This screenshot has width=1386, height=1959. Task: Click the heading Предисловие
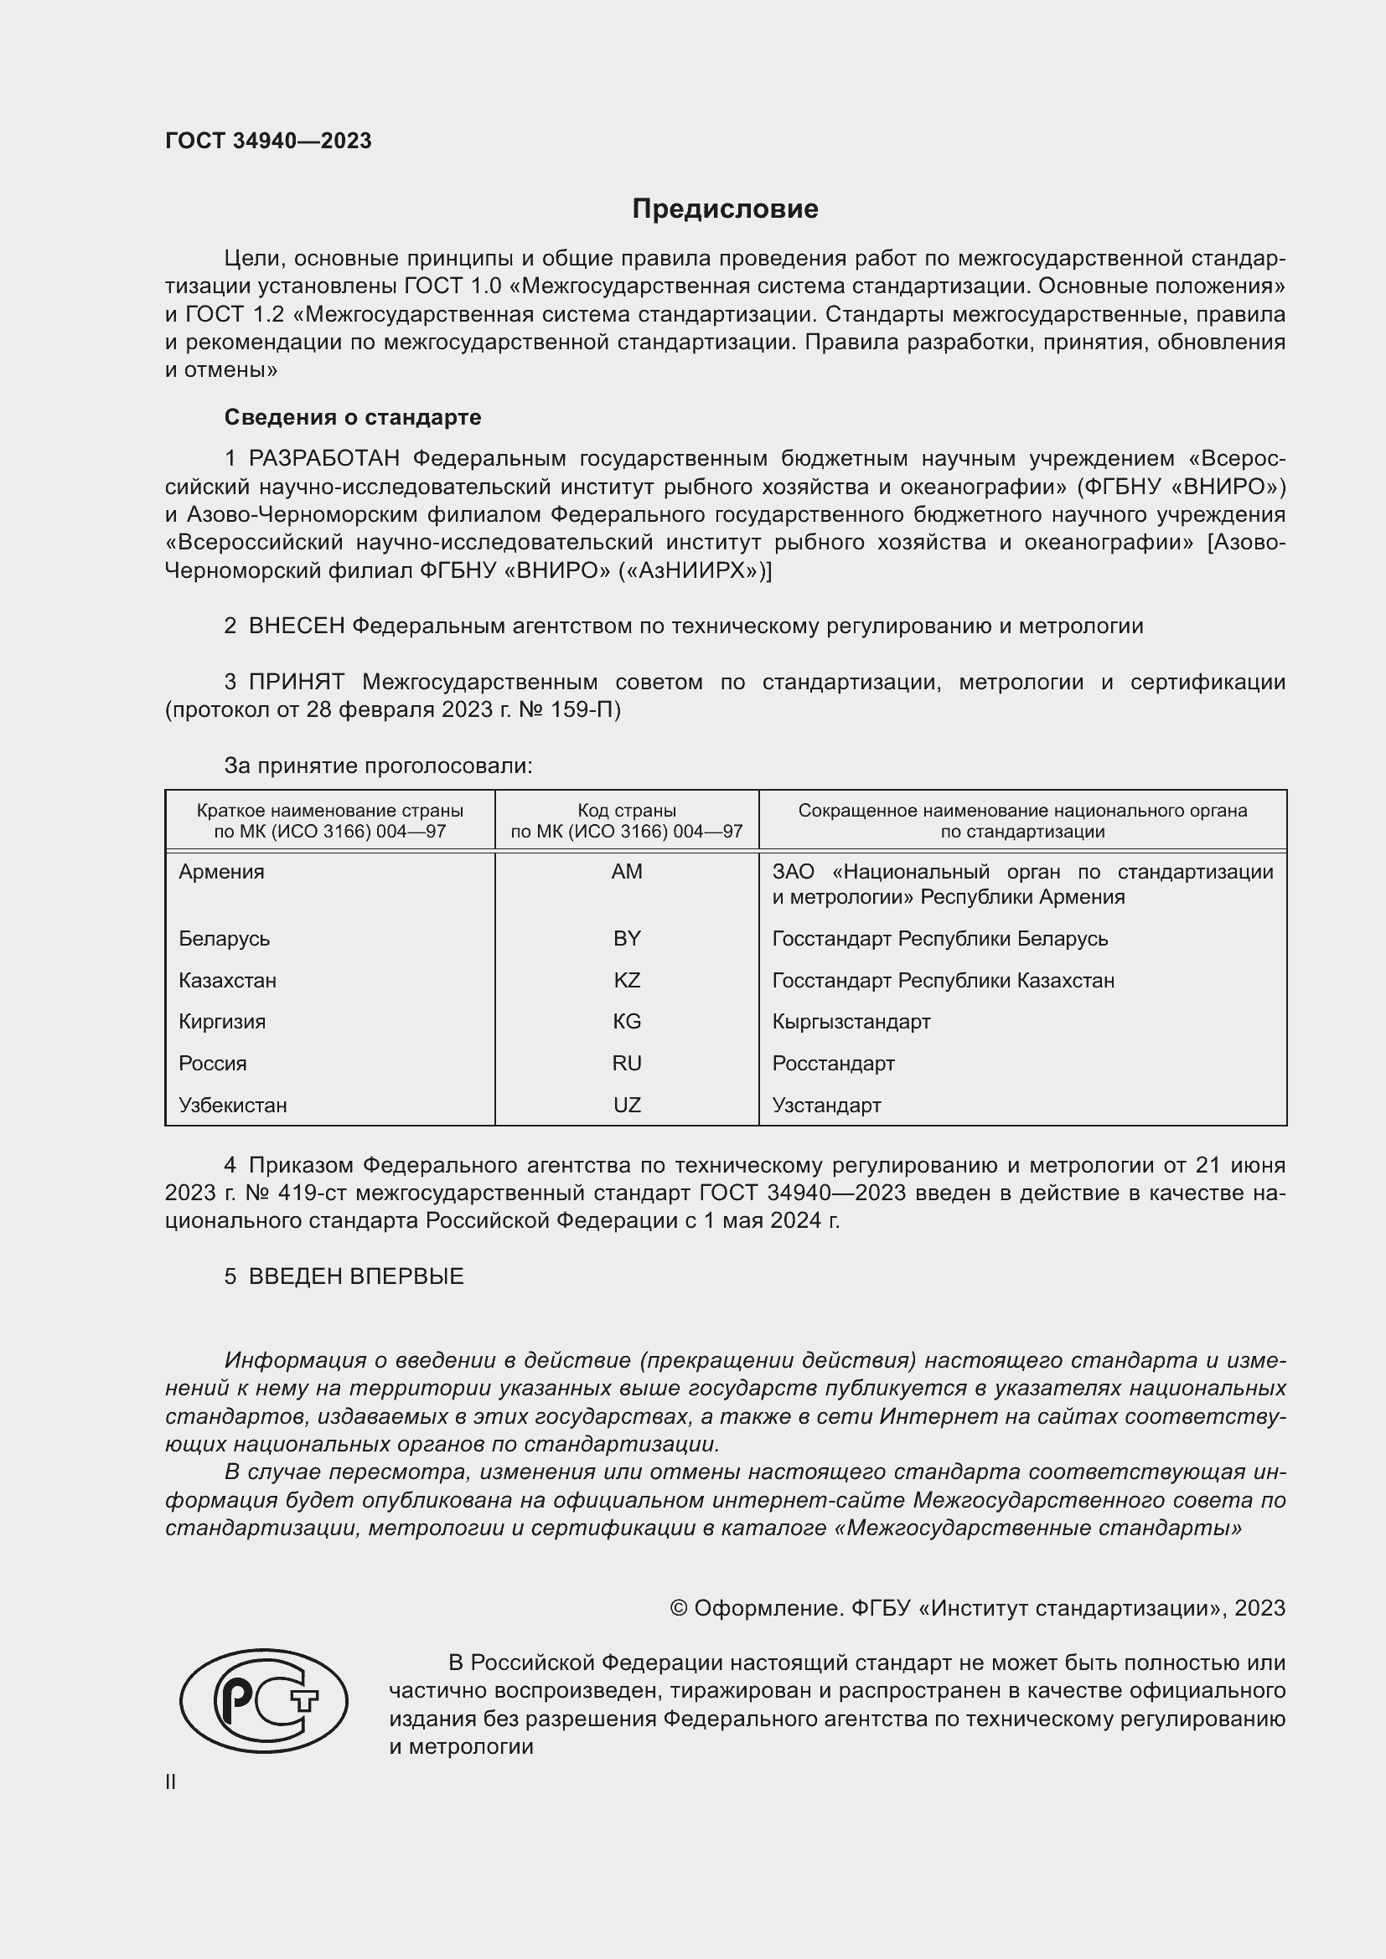click(725, 209)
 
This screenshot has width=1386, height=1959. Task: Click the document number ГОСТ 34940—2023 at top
click(268, 141)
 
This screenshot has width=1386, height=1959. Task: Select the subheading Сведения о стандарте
click(353, 417)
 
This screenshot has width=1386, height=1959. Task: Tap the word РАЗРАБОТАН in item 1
click(323, 459)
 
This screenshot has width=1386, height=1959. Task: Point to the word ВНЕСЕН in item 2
click(296, 626)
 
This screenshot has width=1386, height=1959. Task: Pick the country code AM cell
click(627, 872)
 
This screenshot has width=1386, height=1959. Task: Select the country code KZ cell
click(627, 981)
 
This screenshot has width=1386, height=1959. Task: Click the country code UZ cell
click(627, 1106)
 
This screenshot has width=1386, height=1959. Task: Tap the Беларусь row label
click(224, 939)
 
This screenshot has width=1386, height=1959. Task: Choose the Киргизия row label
click(222, 1022)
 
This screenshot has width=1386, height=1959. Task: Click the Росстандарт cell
click(833, 1064)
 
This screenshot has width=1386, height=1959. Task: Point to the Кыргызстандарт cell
click(851, 1022)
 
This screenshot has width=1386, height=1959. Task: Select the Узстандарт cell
click(826, 1106)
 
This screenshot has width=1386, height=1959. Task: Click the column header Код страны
click(627, 811)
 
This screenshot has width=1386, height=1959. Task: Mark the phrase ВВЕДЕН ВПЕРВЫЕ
click(356, 1276)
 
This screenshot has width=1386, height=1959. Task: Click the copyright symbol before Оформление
click(679, 1608)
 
